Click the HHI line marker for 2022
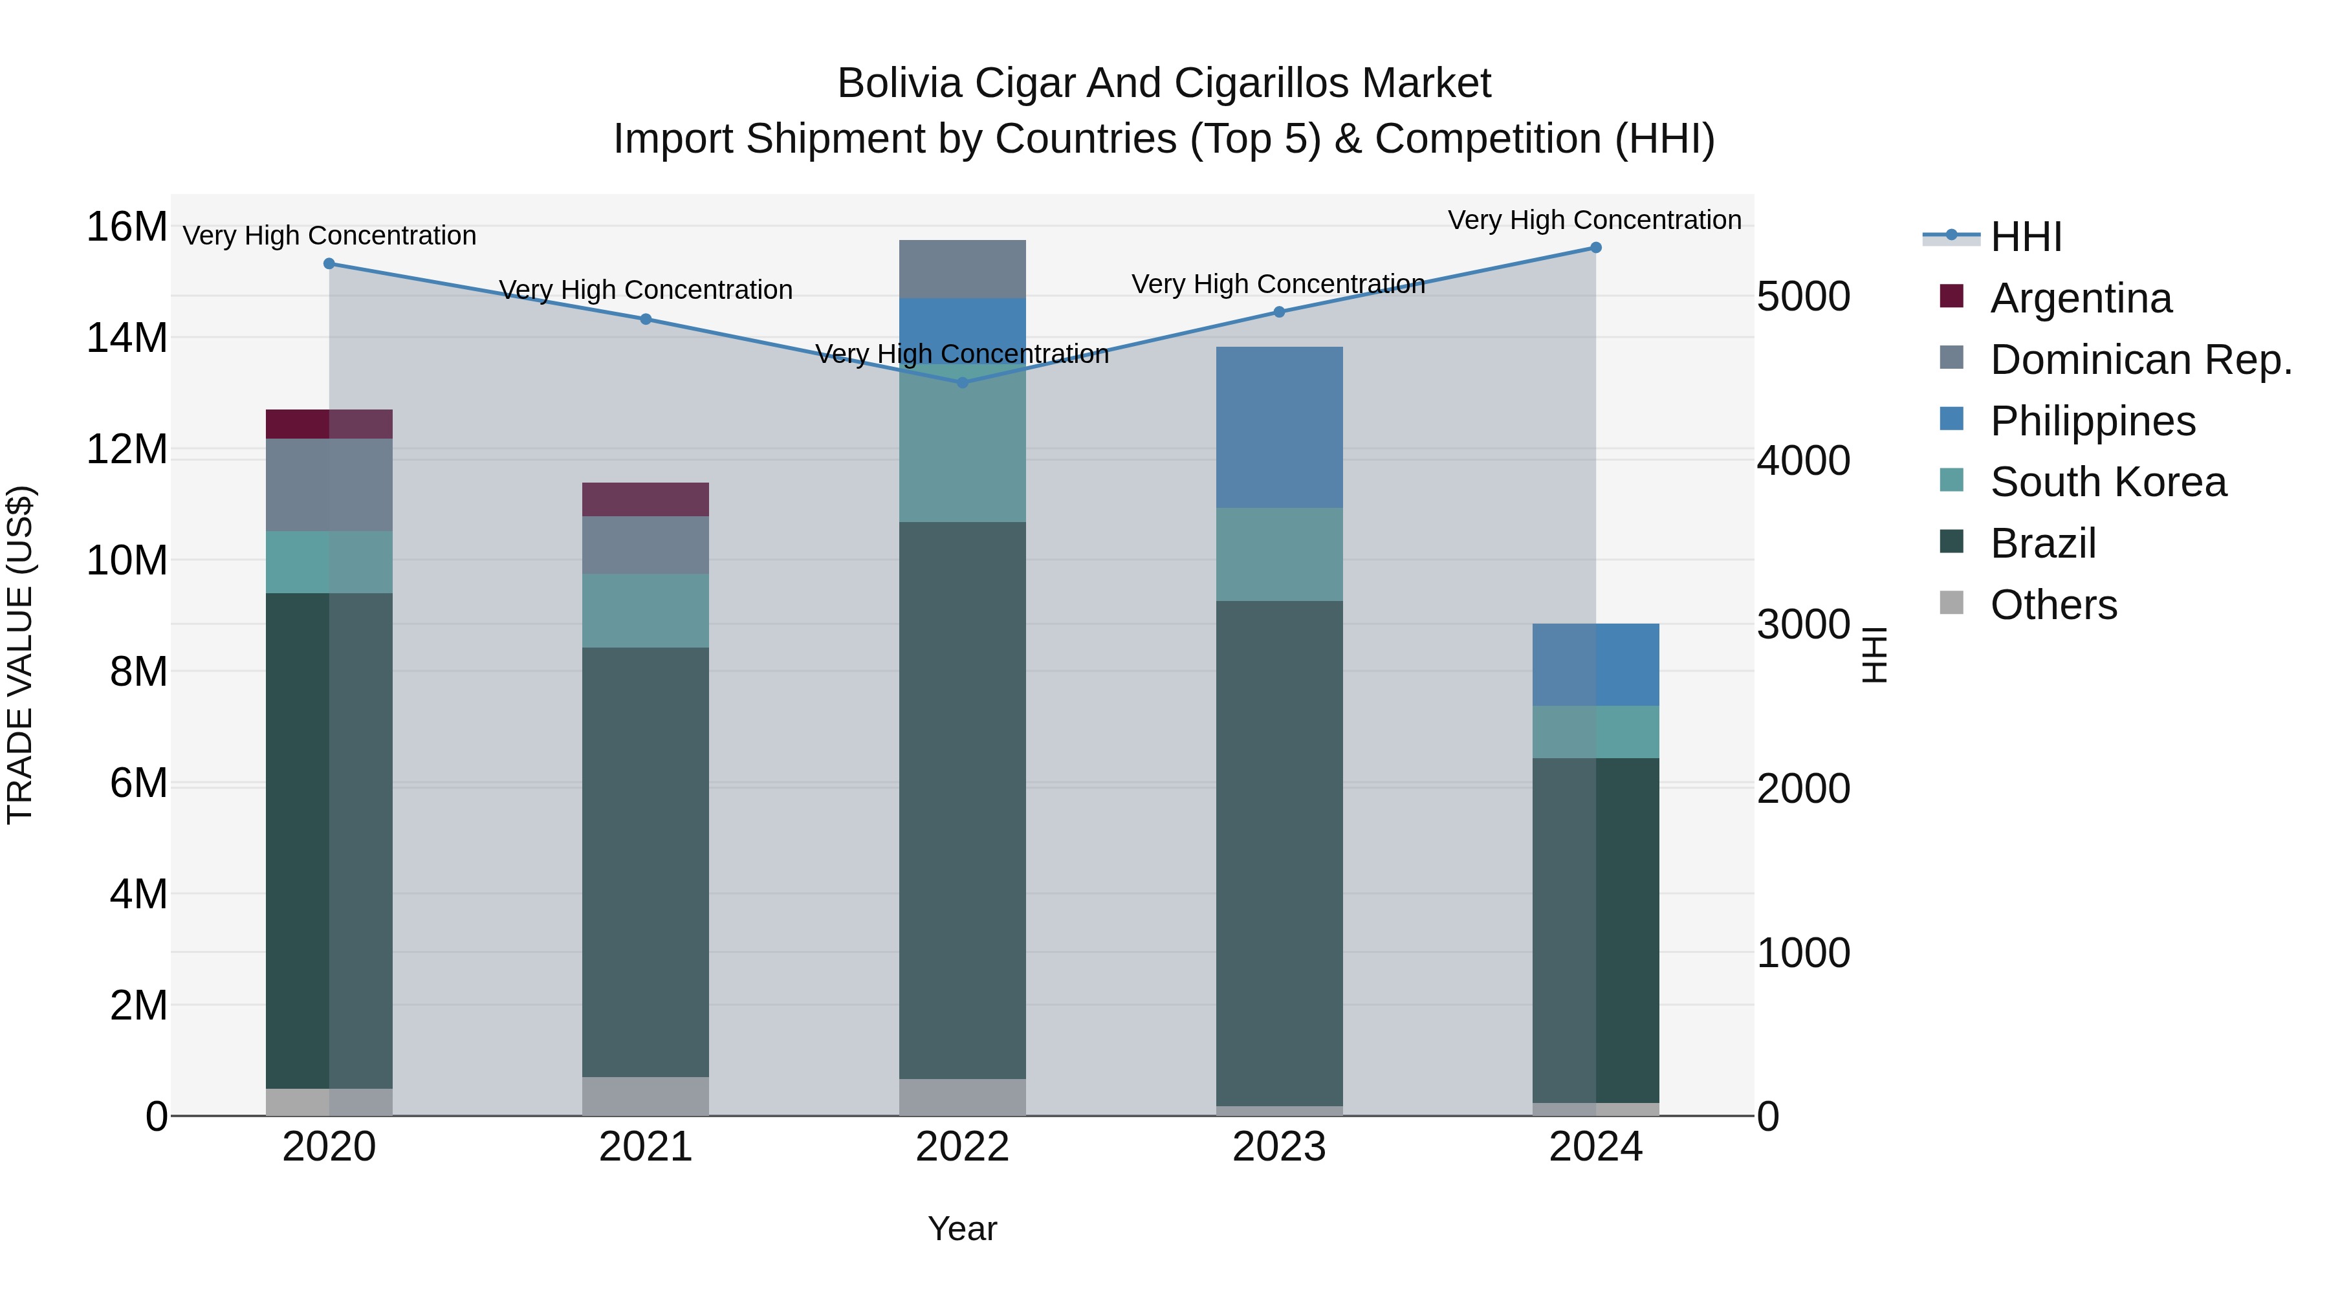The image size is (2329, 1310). click(962, 382)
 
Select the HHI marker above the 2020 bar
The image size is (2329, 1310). click(329, 264)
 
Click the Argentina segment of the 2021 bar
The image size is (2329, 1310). click(646, 499)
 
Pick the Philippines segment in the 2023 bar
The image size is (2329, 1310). click(1278, 427)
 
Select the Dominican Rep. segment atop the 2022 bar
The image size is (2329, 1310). click(962, 268)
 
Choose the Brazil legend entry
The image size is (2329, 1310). click(2042, 543)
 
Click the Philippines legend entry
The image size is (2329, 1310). click(2092, 421)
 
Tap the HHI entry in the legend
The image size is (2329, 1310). click(2025, 237)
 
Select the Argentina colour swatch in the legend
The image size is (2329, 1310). click(1952, 296)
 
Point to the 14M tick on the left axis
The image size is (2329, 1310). click(127, 338)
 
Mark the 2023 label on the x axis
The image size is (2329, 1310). click(1278, 1147)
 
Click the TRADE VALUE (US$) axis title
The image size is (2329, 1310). click(20, 655)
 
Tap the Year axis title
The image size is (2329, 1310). click(962, 1228)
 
